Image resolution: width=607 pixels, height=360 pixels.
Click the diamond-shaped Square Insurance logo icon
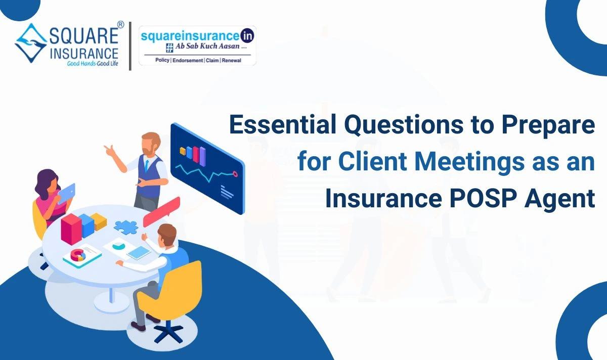31,43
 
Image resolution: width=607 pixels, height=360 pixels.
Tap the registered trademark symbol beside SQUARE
120,24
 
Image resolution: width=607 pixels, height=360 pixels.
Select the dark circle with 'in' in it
247,36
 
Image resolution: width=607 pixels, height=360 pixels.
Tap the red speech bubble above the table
161,212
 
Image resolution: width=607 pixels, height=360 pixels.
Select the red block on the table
71,228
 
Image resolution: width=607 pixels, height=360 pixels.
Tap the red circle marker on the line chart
235,173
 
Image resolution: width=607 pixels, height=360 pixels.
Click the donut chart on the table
77,255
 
